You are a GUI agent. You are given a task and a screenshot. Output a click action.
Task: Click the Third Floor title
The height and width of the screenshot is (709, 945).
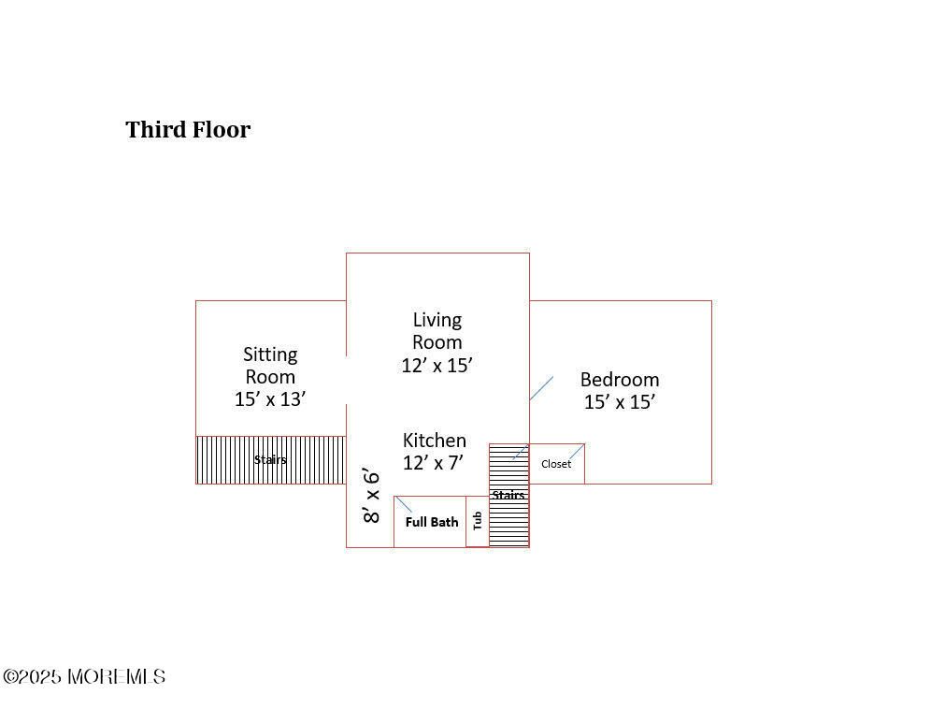(x=188, y=129)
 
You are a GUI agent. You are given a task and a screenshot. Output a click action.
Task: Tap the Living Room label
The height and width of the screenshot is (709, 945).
(x=437, y=331)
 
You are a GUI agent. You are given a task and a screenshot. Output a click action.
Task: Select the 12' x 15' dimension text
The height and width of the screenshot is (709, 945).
(x=437, y=365)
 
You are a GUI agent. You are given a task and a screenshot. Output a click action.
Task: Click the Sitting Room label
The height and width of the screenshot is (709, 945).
(x=270, y=366)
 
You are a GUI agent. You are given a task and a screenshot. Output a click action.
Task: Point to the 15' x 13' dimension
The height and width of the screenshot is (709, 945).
(x=270, y=398)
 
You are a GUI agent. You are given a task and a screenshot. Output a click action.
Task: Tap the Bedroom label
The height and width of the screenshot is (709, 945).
(x=619, y=380)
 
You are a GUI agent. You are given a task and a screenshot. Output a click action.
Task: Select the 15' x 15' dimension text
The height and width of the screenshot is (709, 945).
(x=619, y=402)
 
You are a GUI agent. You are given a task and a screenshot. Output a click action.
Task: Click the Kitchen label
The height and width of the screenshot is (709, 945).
(x=434, y=441)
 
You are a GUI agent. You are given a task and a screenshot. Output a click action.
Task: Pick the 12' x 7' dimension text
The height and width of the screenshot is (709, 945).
(x=434, y=462)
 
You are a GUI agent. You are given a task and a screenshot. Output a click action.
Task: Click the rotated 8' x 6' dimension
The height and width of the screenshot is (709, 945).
(x=372, y=495)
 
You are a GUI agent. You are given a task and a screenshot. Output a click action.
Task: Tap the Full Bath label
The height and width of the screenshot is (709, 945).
(x=431, y=522)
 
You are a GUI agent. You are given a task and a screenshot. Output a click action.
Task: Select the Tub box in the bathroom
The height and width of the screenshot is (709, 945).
(x=477, y=521)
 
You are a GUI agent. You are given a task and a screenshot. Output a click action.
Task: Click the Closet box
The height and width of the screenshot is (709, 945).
(x=556, y=464)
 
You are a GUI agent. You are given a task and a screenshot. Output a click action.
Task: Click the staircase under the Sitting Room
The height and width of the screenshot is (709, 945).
(x=270, y=460)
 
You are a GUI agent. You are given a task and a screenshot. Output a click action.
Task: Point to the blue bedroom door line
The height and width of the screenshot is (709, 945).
(x=541, y=388)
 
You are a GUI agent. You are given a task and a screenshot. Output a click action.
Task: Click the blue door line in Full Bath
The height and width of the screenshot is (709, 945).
(x=404, y=504)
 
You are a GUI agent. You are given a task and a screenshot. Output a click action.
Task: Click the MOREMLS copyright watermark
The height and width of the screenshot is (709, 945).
(x=84, y=676)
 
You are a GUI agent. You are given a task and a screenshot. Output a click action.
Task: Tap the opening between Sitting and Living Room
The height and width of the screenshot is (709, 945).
(x=347, y=380)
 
